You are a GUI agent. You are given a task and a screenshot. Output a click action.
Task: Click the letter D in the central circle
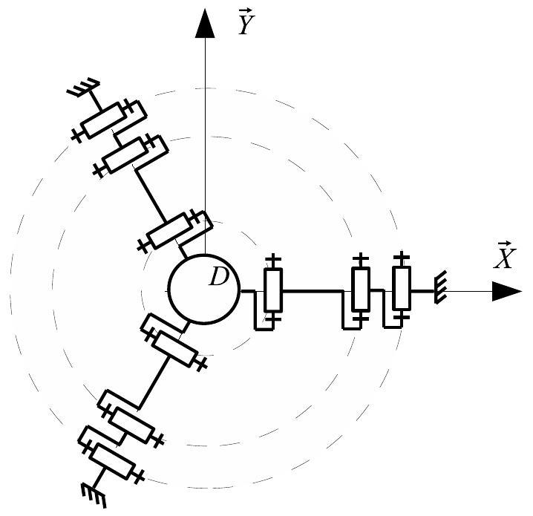point(219,276)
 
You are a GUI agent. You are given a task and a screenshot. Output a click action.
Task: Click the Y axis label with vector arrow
point(246,22)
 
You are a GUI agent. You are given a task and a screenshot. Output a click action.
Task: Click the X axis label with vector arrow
point(505,255)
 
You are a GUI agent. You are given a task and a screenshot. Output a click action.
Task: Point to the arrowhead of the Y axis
point(205,23)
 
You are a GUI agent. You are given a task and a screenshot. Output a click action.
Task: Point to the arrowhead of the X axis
point(507,291)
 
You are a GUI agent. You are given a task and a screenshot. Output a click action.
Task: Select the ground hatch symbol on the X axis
point(440,287)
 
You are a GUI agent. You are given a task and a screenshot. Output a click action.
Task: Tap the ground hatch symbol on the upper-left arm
point(83,88)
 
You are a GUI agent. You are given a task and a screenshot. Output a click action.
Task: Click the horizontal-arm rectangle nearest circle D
point(273,290)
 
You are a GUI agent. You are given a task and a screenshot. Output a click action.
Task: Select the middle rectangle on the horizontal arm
point(361,289)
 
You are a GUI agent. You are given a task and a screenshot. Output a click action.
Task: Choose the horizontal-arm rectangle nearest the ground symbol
point(402,288)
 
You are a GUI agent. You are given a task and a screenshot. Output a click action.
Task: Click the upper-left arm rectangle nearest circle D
point(169,231)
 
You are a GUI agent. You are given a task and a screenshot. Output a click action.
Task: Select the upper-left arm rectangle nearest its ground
point(104,120)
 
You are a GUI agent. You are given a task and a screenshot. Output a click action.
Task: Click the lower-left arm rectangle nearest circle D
point(174,350)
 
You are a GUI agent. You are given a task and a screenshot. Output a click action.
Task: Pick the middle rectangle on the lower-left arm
point(131,425)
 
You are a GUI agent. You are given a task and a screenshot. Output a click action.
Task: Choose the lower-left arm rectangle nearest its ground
point(112,461)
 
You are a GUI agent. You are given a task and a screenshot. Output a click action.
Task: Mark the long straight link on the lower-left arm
point(153,382)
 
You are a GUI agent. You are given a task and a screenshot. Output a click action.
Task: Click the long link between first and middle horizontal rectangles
point(313,291)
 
